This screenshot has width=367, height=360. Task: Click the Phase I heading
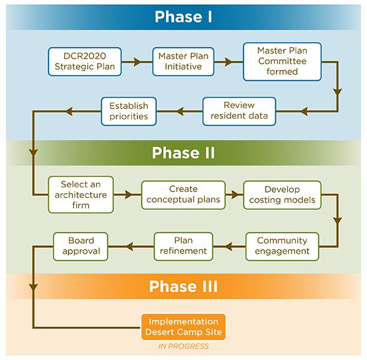click(183, 17)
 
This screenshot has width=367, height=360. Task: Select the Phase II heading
click(183, 153)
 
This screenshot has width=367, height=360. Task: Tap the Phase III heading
click(183, 286)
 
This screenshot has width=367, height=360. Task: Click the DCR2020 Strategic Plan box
click(85, 61)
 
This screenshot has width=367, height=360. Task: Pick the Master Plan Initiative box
click(183, 61)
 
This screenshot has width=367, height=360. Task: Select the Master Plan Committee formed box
click(282, 61)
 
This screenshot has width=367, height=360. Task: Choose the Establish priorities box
click(128, 110)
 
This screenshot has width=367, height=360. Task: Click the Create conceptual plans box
click(183, 195)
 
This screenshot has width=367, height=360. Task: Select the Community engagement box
click(282, 246)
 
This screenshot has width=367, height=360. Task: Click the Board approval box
click(80, 246)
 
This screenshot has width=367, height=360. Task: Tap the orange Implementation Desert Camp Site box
click(183, 327)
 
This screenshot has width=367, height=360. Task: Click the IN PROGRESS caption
click(183, 346)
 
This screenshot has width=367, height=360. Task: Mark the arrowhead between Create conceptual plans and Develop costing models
click(235, 195)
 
